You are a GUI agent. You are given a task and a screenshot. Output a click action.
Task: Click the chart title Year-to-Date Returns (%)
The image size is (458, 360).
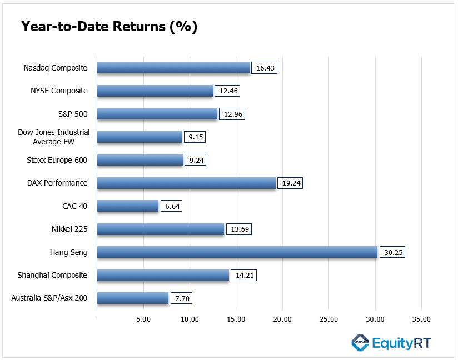[x=109, y=27]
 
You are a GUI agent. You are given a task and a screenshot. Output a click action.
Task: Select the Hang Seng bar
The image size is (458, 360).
[x=237, y=252]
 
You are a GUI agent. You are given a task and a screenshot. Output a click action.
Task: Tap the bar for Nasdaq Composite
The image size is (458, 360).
[x=173, y=68]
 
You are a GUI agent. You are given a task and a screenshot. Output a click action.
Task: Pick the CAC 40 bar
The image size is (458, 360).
[x=128, y=206]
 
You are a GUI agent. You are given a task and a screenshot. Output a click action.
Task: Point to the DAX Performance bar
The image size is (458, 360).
[x=186, y=183]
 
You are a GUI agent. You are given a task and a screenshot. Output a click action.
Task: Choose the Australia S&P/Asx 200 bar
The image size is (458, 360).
[x=133, y=298]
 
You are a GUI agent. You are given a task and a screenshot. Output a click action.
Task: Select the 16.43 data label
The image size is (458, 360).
[x=264, y=68]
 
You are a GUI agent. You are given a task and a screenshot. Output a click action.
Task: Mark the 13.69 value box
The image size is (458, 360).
[x=238, y=229]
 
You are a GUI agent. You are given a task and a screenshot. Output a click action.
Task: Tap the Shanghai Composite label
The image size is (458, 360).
[x=52, y=275]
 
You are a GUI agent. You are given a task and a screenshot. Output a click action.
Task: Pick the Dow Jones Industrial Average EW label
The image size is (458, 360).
[x=54, y=137]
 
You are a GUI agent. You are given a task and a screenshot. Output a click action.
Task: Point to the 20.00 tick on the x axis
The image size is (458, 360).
[x=282, y=319]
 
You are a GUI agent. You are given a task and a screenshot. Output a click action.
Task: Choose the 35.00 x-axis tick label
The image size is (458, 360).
[x=421, y=319]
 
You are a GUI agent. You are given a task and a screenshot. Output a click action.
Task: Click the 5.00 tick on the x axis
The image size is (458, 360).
[x=143, y=319]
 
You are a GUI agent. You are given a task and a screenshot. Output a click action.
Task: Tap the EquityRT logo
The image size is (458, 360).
[x=391, y=343]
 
